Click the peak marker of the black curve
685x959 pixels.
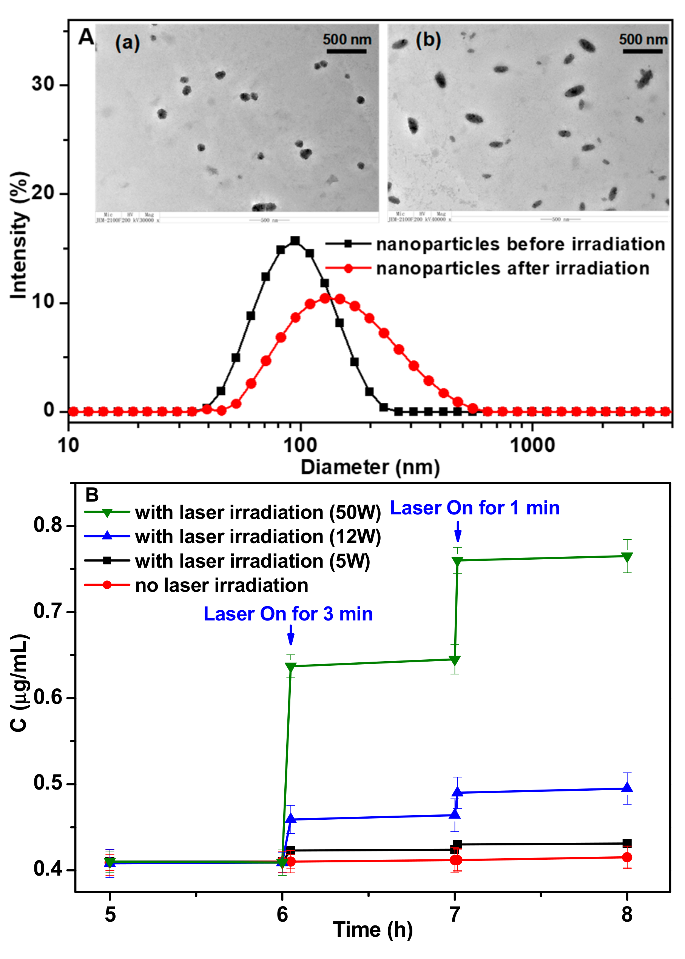[x=295, y=241]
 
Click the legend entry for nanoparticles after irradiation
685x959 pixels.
[x=512, y=268]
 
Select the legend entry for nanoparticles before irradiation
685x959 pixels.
[x=520, y=245]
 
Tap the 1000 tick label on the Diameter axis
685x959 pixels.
[x=532, y=445]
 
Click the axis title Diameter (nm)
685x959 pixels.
[x=370, y=467]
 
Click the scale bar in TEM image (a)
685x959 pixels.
[x=346, y=51]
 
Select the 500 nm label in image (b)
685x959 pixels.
[x=642, y=40]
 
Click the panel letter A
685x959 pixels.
[x=86, y=37]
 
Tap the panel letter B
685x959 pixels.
[x=92, y=494]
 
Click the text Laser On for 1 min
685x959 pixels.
[x=475, y=508]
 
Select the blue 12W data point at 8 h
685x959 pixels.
[x=627, y=787]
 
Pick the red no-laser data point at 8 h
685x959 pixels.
[x=627, y=857]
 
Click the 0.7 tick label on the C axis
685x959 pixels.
[x=47, y=611]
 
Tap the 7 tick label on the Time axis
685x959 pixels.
[x=454, y=915]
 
